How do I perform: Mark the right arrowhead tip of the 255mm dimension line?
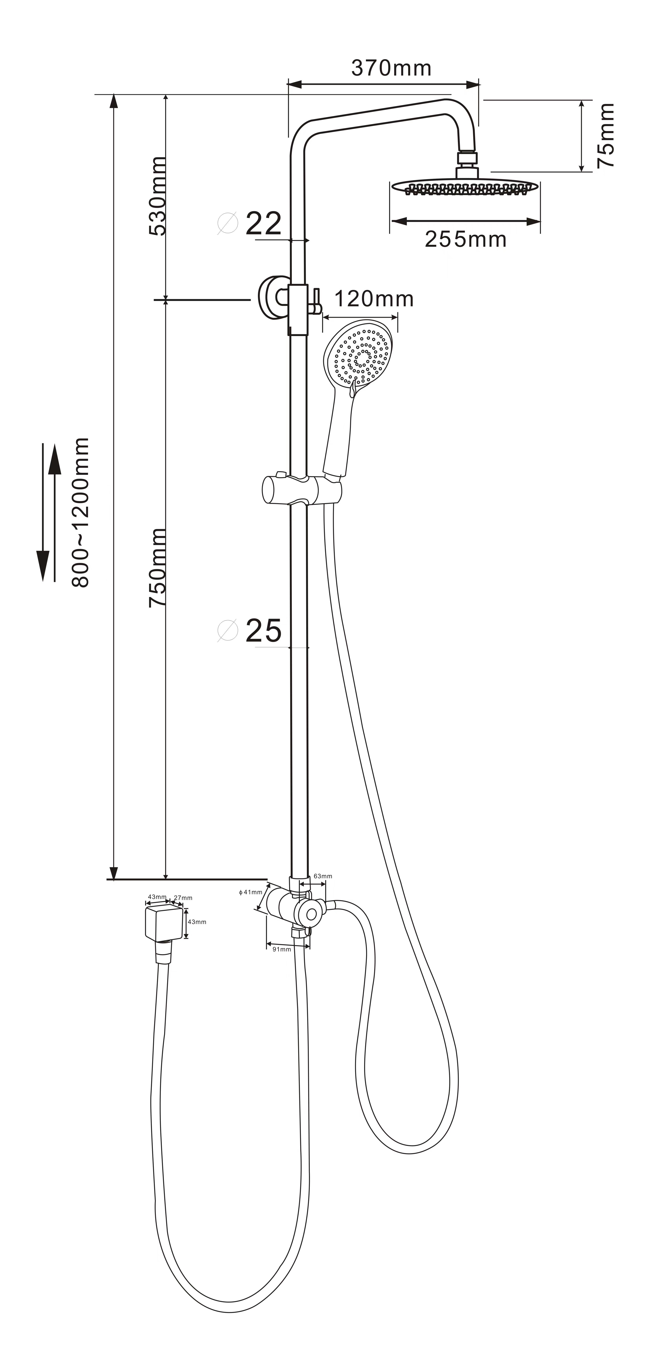540,221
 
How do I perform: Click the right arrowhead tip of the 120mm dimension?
397,317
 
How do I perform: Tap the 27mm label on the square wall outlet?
183,898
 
